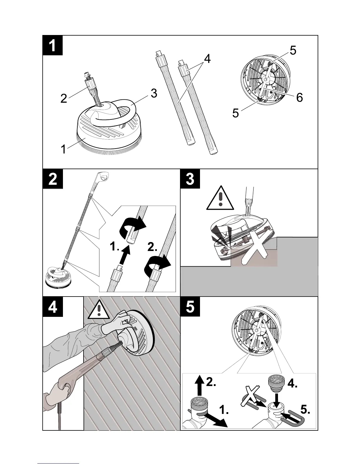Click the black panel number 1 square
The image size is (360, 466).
53,45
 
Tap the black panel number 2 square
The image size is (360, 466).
53,179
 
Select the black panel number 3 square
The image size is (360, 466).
190,179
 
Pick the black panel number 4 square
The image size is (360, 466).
53,306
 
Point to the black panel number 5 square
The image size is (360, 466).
190,306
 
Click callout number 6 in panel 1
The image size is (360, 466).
299,97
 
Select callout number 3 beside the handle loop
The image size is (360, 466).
154,93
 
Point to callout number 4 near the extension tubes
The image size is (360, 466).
207,59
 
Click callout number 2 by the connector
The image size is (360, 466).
64,98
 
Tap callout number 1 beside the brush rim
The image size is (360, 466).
63,150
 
